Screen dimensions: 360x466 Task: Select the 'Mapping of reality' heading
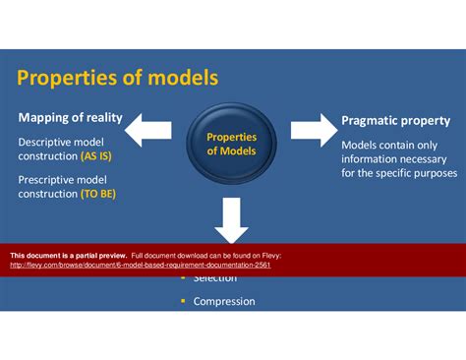pos(70,118)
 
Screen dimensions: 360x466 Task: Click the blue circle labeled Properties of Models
pos(231,145)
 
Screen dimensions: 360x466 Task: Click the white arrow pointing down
pos(231,221)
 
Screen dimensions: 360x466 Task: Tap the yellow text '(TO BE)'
pos(99,194)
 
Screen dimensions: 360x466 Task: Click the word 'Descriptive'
pos(46,143)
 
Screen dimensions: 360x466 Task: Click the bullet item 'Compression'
pos(224,301)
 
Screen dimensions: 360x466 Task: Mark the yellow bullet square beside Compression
pos(182,301)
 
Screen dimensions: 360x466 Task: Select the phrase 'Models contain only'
pos(389,146)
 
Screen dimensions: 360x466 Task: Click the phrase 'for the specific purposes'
pos(398,173)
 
